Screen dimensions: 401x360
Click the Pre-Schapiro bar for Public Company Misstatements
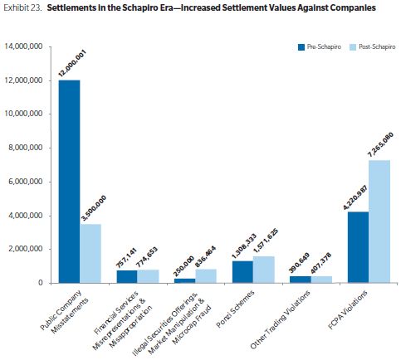tap(69, 182)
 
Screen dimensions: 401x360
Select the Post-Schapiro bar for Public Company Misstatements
tap(90, 253)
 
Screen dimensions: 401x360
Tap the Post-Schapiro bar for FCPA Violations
tap(379, 221)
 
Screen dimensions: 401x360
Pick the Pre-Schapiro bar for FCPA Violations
tap(359, 247)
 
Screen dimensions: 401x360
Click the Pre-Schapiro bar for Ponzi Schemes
tap(242, 272)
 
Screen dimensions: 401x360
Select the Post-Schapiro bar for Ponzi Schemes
tap(264, 270)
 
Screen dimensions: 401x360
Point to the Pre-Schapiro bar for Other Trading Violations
tap(301, 280)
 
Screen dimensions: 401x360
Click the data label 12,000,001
tap(72, 63)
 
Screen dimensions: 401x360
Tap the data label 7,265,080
tap(380, 145)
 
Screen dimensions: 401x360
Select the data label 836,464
tap(205, 257)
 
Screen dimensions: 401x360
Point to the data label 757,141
tap(126, 258)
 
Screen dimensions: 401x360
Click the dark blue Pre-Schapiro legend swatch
tap(301, 47)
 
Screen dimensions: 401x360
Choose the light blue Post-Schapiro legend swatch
tap(353, 47)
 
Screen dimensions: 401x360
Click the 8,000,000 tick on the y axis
tap(24, 148)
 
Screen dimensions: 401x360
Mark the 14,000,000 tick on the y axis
tap(23, 46)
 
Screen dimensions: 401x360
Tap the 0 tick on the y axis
tap(41, 283)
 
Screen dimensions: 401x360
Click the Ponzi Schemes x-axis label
tap(235, 309)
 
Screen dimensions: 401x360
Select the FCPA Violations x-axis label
tap(348, 309)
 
